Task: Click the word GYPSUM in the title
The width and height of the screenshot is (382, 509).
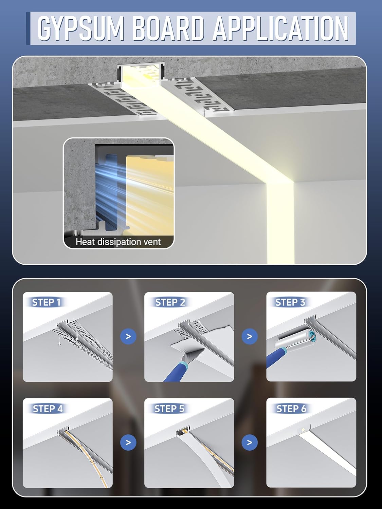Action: pos(80,28)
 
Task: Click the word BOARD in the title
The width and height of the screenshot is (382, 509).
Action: pos(168,28)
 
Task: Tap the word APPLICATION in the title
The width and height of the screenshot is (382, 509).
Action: pos(281,28)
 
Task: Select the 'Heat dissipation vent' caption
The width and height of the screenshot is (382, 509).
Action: pos(118,242)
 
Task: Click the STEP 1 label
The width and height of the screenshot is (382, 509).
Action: pos(46,302)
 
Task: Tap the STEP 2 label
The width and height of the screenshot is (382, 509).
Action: pos(170,302)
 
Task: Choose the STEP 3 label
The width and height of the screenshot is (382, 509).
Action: pos(290,302)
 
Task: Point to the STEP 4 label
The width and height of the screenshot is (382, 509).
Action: pos(48,409)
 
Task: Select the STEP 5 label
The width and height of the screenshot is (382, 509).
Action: pos(169,409)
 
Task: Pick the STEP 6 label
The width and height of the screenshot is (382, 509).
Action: pos(291,409)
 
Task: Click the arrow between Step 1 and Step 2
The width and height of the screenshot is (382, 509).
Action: pos(128,336)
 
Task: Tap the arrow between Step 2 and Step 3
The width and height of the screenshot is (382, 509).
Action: pos(250,336)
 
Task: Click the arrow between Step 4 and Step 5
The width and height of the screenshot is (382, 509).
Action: pos(128,442)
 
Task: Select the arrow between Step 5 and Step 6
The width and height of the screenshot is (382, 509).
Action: pos(250,442)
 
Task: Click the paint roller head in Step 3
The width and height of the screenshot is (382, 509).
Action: pos(295,339)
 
